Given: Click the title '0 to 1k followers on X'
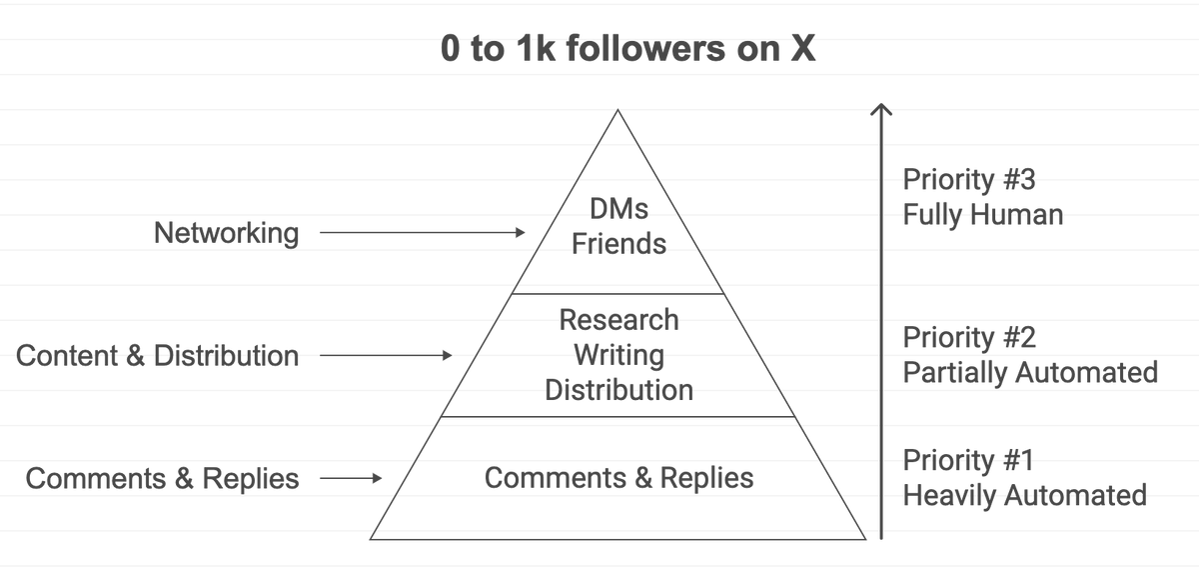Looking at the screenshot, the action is (627, 50).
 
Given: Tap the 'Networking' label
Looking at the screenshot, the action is (226, 233).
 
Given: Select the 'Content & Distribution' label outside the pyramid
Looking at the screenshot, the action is (157, 355).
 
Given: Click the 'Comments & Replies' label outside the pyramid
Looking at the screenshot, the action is (162, 478).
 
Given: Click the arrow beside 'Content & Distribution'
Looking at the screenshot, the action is (386, 355).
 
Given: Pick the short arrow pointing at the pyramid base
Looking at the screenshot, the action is (351, 478).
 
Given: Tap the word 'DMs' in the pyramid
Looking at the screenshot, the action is (618, 210).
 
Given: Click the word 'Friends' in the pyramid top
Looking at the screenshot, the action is (618, 243).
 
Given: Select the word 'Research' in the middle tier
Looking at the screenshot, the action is (618, 320).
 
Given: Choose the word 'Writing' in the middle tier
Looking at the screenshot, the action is (618, 354).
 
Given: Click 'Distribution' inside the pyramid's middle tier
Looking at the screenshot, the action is (618, 389).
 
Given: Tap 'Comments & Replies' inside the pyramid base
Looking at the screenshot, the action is (618, 478).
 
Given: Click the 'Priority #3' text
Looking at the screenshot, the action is (969, 180).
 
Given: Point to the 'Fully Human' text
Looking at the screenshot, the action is (982, 214).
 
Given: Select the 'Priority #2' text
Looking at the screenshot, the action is (969, 337).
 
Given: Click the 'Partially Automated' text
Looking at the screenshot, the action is (1030, 372).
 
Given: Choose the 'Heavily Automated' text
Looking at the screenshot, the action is (1024, 495).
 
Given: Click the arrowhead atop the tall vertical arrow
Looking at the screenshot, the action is (880, 109).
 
